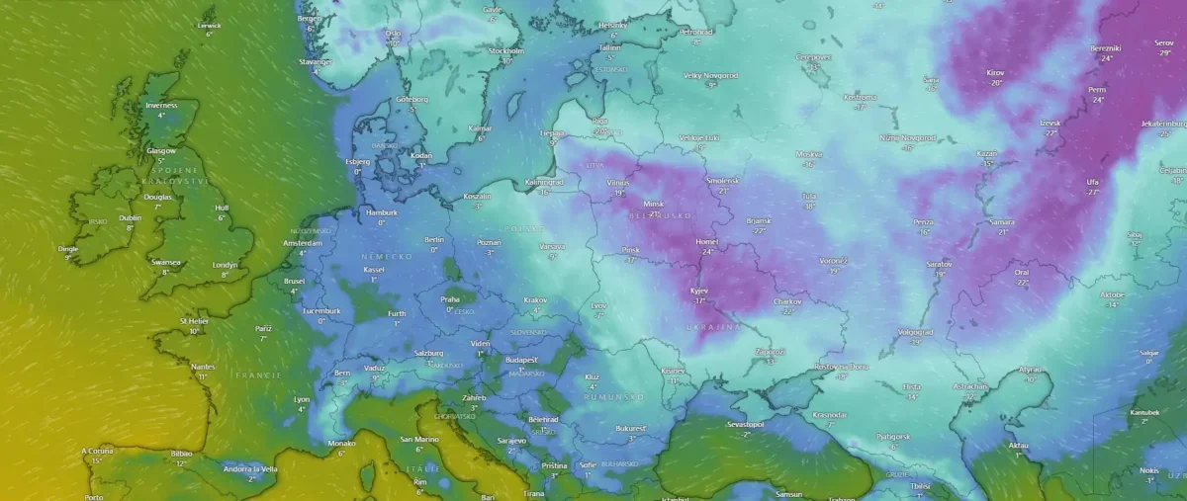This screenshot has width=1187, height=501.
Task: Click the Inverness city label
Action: [161, 105]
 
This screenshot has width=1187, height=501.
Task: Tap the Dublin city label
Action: [130, 217]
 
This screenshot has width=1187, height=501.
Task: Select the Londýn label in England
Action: [226, 264]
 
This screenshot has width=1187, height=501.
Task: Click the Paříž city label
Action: [263, 327]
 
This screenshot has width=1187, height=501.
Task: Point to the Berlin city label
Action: [434, 239]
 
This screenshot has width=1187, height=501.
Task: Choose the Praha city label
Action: [450, 298]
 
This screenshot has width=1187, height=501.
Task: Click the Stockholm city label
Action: [506, 50]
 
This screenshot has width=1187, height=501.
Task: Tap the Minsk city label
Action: [654, 204]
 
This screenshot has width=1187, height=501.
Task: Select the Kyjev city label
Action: [700, 291]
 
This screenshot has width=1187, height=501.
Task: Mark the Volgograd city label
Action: [915, 332]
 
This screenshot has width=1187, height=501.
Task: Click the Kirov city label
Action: [995, 72]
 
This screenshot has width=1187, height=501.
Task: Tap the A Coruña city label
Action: [98, 451]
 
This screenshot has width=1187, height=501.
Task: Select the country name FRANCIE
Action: [258, 376]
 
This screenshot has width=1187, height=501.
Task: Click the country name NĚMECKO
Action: [386, 256]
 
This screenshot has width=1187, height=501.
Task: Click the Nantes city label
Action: [203, 367]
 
